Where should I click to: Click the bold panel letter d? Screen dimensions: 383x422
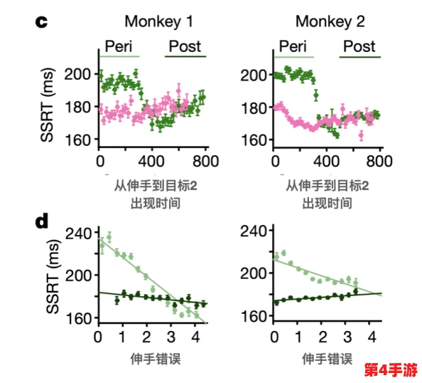pos(42,222)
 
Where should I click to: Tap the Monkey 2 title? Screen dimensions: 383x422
pos(330,21)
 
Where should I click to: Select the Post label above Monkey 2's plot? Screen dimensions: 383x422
pos(359,46)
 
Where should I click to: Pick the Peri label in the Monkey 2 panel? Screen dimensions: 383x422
pos(293,46)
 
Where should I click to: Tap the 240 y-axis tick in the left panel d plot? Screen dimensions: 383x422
pos(80,233)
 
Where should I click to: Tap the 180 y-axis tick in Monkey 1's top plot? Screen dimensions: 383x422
pos(80,107)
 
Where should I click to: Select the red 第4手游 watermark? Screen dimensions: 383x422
pos(390,370)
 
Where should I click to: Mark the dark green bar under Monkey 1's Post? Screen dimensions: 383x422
pos(185,56)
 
